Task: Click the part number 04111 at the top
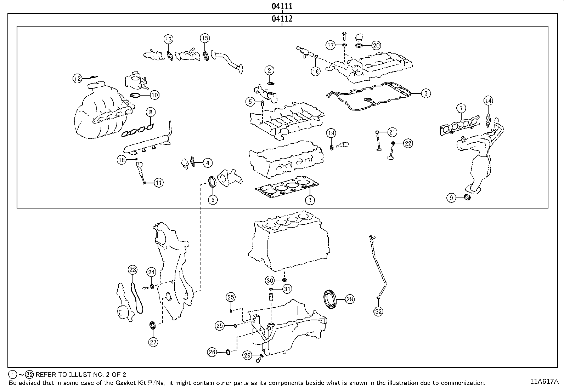pos(282,6)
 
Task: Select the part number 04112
pos(282,19)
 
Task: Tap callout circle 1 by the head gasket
pos(310,200)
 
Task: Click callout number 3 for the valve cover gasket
pos(426,93)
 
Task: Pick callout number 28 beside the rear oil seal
pos(350,299)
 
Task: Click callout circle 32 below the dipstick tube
pos(378,311)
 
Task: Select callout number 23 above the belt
pos(132,270)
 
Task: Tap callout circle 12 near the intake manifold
pos(78,78)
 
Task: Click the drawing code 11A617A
pos(544,382)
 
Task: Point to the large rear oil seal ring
pos(331,299)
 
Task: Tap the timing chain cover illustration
pos(174,269)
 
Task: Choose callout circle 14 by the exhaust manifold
pos(488,101)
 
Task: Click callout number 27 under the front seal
pos(153,342)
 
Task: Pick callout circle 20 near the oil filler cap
pos(376,45)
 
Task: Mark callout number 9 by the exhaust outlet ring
pos(451,198)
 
